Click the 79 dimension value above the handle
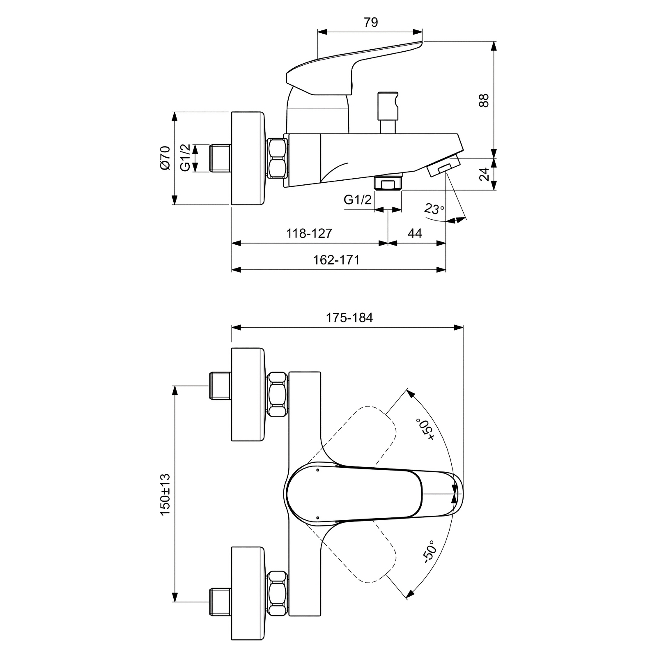point(370,22)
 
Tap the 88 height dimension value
point(484,101)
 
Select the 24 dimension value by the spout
point(484,174)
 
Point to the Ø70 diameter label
point(165,158)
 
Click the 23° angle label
point(434,209)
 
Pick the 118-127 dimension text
point(309,233)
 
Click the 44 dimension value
point(415,233)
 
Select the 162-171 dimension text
point(336,260)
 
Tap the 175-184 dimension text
point(349,317)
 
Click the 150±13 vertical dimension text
point(165,495)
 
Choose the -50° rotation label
point(427,551)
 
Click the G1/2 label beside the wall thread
point(185,158)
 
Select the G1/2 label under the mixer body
point(358,200)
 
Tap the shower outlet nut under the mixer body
point(388,182)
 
